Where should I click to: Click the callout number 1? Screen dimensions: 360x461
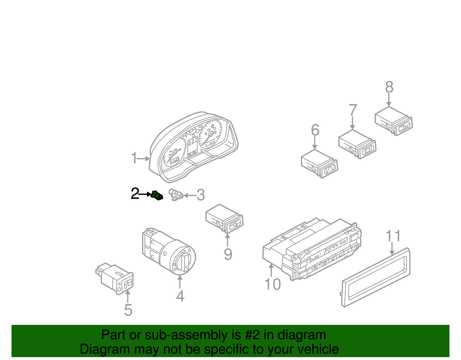click(x=134, y=158)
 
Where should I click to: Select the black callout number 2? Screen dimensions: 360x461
click(x=135, y=194)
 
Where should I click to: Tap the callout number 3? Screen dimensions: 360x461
click(x=201, y=195)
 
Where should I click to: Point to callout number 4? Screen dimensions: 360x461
click(x=180, y=296)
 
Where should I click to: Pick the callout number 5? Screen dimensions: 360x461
click(x=128, y=310)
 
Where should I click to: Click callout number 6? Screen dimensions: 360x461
click(x=315, y=130)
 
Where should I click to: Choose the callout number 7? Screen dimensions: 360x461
click(x=353, y=110)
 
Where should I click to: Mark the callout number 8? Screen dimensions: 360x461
click(x=389, y=87)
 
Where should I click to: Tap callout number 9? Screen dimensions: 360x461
click(x=228, y=254)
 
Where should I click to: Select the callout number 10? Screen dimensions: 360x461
click(x=273, y=284)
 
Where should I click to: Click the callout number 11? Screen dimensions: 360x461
click(x=393, y=236)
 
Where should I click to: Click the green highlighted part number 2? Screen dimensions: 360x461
click(x=157, y=195)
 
